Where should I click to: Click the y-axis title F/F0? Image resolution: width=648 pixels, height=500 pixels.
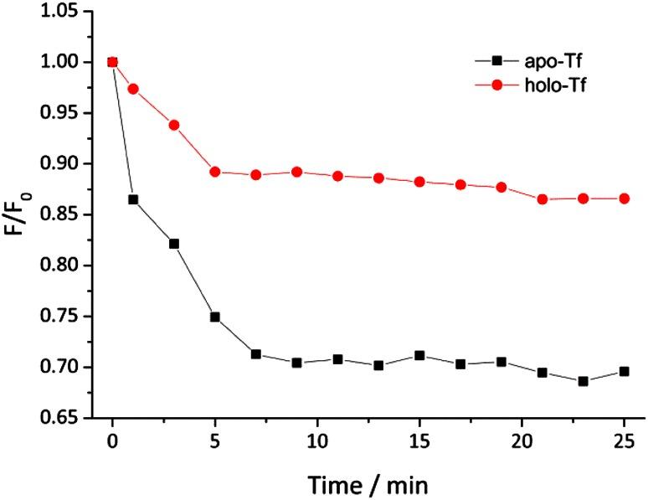tap(18, 223)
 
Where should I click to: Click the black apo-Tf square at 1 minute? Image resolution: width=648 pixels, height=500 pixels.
tap(133, 199)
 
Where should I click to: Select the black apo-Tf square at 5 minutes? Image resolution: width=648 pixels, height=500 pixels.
tap(215, 317)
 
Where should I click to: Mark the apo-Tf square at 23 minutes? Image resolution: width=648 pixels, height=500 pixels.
tap(583, 381)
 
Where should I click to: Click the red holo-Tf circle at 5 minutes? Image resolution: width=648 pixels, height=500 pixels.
tap(215, 172)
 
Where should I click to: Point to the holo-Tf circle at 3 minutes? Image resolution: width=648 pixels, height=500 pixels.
tap(174, 125)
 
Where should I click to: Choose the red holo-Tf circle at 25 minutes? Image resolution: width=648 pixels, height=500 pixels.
tap(624, 198)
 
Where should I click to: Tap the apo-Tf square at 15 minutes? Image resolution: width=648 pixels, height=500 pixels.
tap(419, 356)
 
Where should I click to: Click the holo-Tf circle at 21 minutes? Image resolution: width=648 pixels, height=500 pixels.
tap(542, 199)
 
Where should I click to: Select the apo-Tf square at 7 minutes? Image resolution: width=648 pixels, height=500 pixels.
tap(255, 354)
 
